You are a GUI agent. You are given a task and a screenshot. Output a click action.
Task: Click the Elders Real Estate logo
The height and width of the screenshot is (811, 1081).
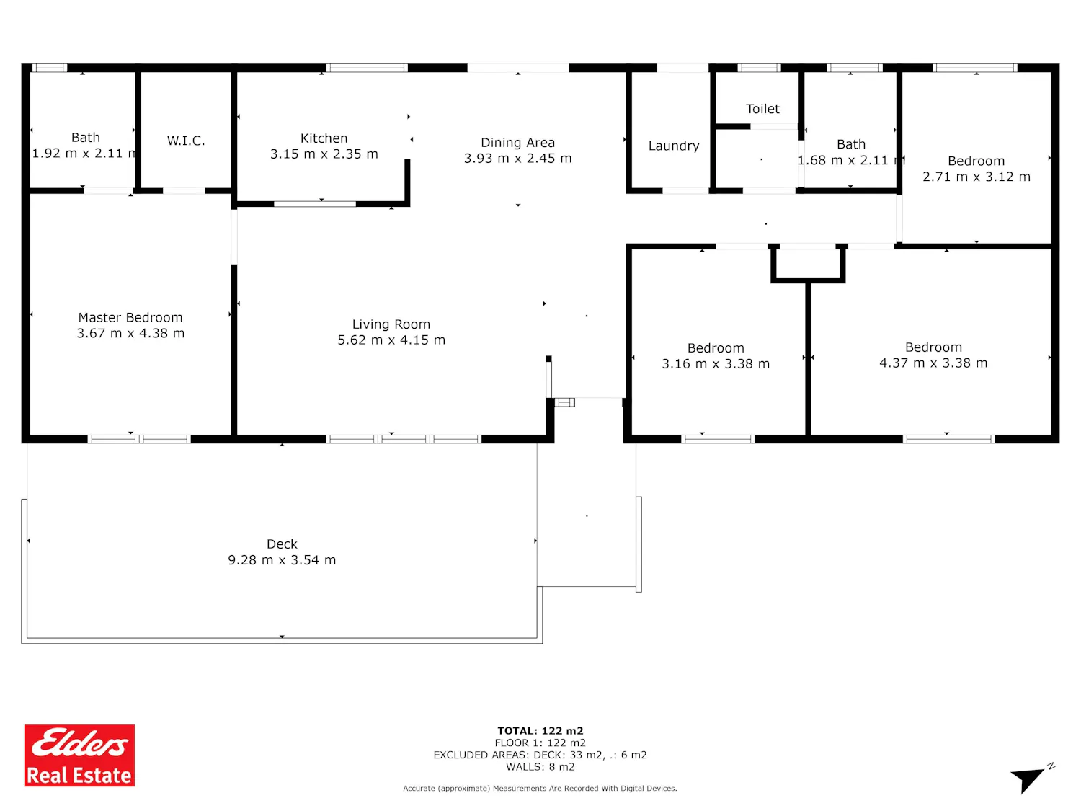(x=79, y=755)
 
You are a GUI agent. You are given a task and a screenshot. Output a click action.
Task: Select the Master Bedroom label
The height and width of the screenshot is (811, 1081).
(x=130, y=317)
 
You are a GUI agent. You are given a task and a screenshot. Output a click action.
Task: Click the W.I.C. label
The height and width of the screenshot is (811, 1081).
(x=186, y=141)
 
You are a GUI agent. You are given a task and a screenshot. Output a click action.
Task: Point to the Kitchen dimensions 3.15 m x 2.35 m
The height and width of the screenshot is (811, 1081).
(x=324, y=154)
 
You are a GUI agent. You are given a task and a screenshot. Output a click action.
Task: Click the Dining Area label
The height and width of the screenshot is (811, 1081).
(x=517, y=143)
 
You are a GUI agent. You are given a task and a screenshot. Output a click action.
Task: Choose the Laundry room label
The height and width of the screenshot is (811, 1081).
(x=674, y=146)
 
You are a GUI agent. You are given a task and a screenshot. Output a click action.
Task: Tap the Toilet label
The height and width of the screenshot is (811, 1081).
(x=762, y=109)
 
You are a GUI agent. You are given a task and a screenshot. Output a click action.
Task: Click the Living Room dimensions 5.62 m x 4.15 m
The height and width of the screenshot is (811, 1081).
(x=391, y=340)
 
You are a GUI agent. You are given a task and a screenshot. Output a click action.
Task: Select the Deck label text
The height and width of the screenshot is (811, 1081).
(x=282, y=544)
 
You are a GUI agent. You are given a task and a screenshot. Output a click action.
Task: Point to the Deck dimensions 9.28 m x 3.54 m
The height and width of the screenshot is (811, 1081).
(x=282, y=560)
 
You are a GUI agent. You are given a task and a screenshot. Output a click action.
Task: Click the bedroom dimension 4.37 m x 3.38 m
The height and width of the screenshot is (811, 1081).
(x=933, y=363)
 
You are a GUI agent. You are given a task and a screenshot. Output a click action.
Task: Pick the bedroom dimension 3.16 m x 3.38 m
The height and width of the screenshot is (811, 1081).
(x=716, y=364)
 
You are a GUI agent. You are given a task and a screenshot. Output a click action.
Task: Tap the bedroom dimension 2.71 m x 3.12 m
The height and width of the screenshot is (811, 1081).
(x=976, y=177)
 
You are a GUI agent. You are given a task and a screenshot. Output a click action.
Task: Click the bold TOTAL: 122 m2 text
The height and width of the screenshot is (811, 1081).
(x=540, y=731)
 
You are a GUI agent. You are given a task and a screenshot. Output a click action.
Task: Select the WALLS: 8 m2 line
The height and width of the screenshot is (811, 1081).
(x=540, y=767)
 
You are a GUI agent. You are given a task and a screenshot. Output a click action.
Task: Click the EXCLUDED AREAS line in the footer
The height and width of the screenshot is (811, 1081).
(x=540, y=755)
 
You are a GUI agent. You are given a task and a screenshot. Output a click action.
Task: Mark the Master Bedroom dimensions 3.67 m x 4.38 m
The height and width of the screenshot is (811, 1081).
(x=130, y=333)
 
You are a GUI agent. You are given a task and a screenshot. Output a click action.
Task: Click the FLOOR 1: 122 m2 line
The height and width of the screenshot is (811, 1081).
(x=540, y=743)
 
